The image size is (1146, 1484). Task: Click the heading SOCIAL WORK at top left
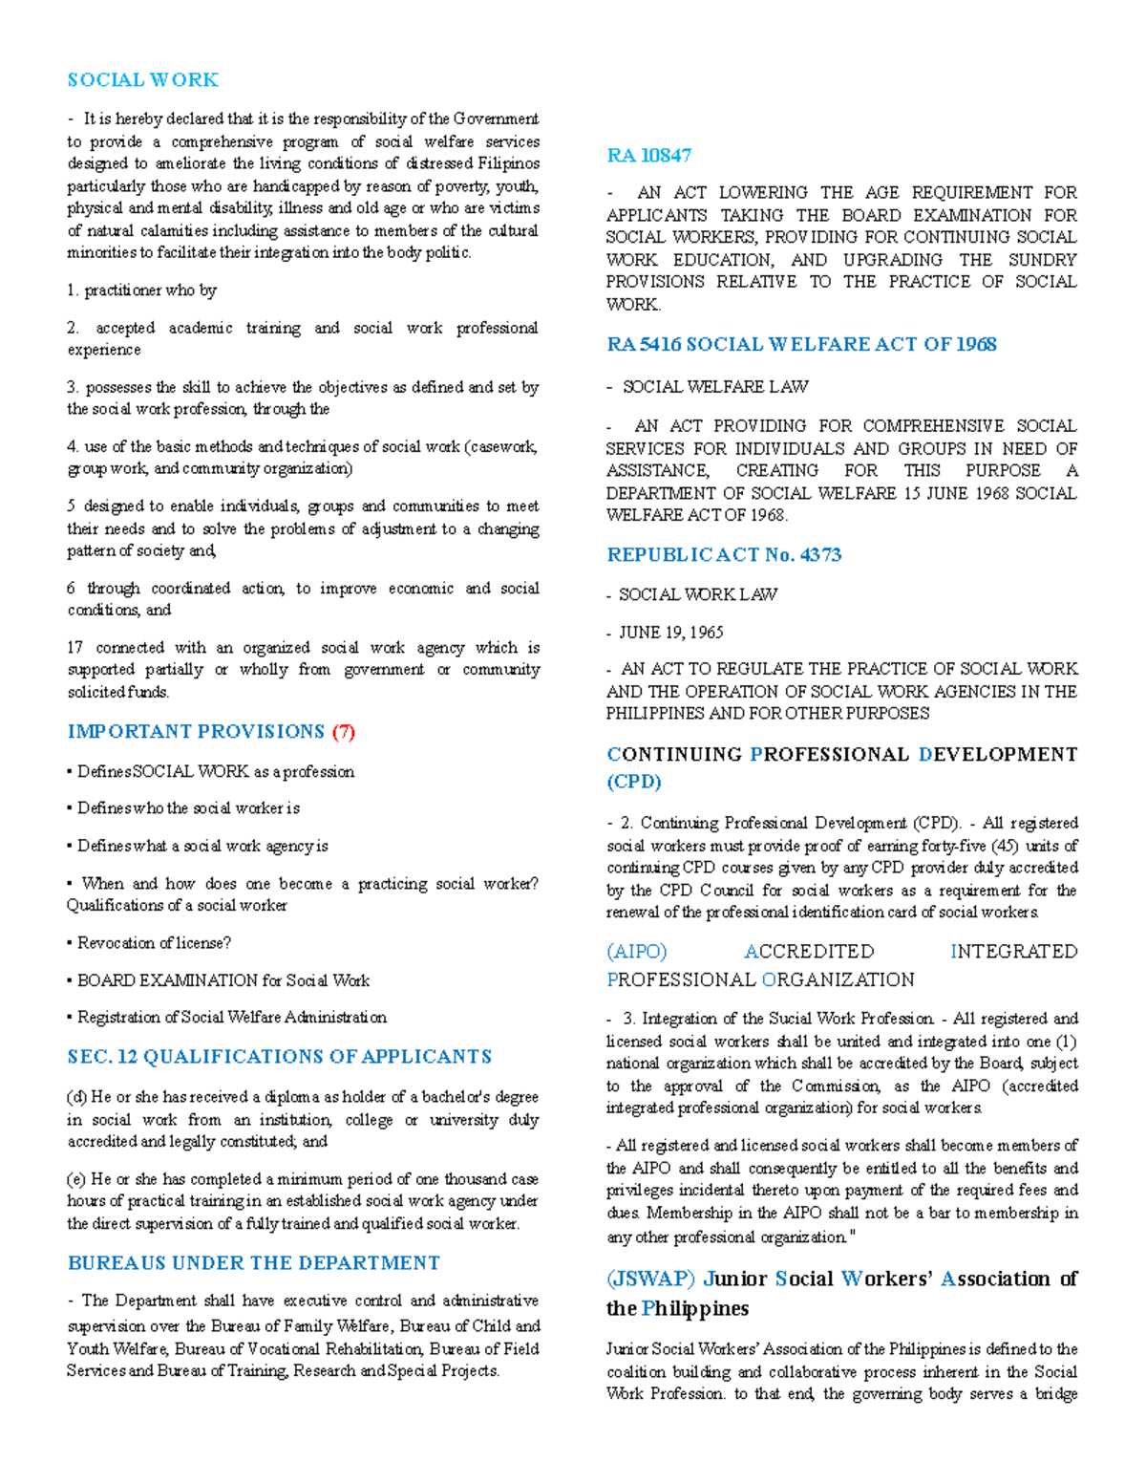[142, 80]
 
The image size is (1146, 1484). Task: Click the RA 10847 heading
[648, 156]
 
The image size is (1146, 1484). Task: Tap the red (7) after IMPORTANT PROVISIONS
[344, 732]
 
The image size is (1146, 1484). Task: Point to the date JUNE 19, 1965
[670, 633]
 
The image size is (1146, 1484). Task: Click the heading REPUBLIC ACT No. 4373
[723, 555]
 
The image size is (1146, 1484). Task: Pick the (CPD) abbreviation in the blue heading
[633, 782]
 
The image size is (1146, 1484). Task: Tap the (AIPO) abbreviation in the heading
[636, 952]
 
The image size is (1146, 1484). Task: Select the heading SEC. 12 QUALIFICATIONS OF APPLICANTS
[279, 1057]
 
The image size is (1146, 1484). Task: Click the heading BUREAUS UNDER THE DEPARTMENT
[253, 1263]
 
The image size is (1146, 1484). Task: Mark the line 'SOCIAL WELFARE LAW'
[714, 387]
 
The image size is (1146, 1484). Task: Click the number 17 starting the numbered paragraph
[75, 648]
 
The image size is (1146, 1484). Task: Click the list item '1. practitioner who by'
[142, 290]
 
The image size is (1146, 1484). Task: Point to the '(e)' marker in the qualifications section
[76, 1179]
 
